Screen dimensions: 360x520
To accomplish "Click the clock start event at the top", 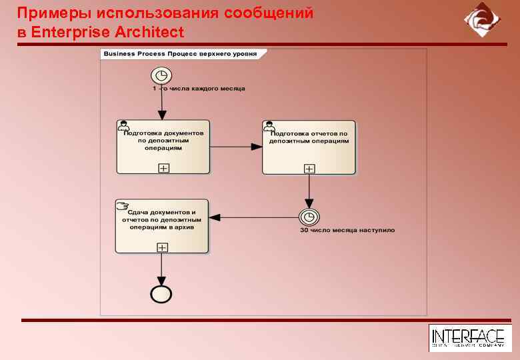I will [x=161, y=75].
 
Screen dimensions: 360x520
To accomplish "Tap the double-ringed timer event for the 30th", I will [x=309, y=217].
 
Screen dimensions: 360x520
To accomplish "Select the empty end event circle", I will [x=161, y=293].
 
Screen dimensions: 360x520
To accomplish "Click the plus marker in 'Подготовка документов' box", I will [x=163, y=168].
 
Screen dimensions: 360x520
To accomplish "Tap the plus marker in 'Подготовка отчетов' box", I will [x=309, y=169].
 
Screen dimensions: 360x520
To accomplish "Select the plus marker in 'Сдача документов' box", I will [x=161, y=247].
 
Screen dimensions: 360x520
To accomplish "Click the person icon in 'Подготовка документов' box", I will [x=123, y=125].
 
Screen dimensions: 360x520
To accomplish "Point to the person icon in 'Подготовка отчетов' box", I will [x=269, y=125].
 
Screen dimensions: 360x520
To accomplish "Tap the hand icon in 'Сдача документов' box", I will [x=123, y=205].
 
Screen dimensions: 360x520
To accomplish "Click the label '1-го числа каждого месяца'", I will [x=199, y=89].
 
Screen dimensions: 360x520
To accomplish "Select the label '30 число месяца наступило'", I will [x=347, y=231].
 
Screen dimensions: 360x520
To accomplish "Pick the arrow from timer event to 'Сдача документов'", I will [x=253, y=217].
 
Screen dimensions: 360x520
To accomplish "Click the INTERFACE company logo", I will [x=467, y=338].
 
